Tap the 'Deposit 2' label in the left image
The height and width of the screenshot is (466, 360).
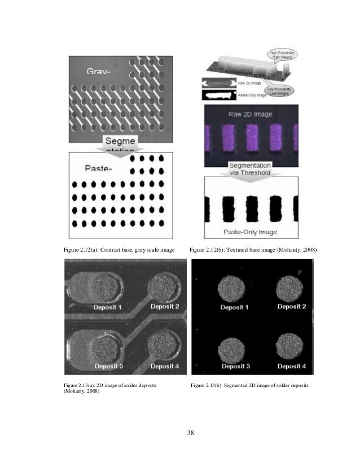click(164, 306)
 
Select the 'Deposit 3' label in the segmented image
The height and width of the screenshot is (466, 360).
click(235, 366)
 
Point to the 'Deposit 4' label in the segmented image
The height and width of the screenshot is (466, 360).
click(292, 366)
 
